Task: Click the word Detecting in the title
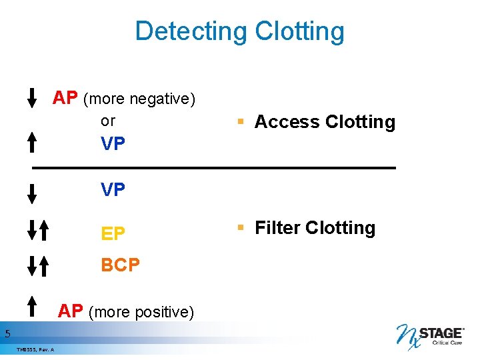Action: [190, 31]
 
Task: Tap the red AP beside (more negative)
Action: [65, 98]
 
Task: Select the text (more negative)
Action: [139, 99]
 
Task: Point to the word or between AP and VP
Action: [107, 121]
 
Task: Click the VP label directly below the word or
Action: [113, 143]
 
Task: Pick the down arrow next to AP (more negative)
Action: [31, 97]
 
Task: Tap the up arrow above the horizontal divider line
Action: [31, 143]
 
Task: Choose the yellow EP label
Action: [113, 233]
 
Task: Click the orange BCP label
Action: [121, 265]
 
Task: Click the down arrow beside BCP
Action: [31, 265]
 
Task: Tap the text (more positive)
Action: [141, 312]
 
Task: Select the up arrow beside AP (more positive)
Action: [31, 306]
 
